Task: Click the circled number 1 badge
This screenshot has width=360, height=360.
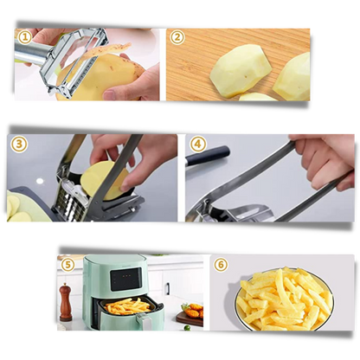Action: [25, 37]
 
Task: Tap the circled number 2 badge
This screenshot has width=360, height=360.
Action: [177, 37]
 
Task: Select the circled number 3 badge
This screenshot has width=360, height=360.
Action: [19, 144]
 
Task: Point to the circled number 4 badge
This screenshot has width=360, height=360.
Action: [198, 144]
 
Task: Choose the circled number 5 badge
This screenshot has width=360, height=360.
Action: [67, 265]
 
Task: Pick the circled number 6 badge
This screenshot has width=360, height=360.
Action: [221, 265]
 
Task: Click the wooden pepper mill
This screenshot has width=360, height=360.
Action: [66, 302]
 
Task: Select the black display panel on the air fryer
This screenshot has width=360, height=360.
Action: [125, 279]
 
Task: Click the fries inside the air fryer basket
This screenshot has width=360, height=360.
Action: [128, 306]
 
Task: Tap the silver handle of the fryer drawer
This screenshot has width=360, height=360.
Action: [144, 322]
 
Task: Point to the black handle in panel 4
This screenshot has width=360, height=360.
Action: [208, 155]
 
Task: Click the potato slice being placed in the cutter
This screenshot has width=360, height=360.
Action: [105, 181]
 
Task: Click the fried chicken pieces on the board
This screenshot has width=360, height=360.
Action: [193, 311]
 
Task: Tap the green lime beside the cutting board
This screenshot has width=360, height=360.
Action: [187, 327]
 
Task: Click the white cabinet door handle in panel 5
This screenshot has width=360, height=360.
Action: [167, 289]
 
